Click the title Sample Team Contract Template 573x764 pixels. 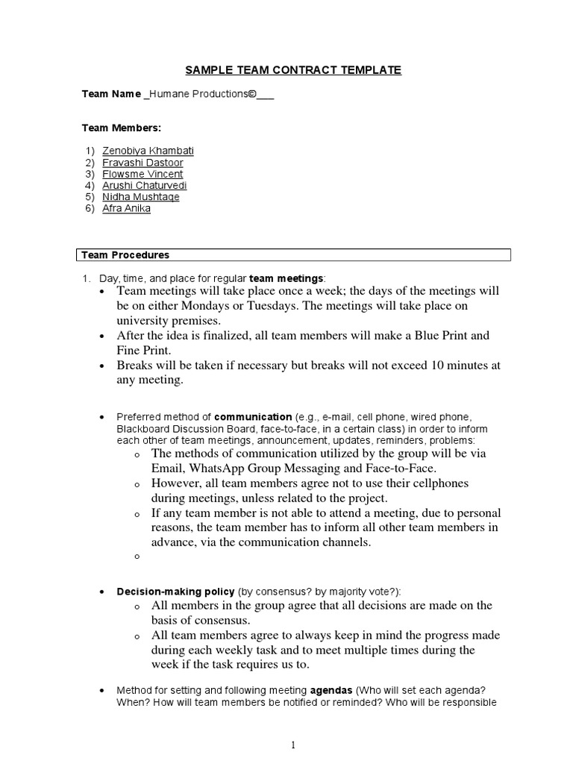[x=293, y=70]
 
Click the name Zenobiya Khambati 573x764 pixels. [x=148, y=151]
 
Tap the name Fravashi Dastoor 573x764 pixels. [x=143, y=163]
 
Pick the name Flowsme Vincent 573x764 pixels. [x=143, y=174]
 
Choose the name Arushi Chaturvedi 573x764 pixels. [x=144, y=185]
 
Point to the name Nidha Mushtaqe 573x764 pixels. [x=140, y=197]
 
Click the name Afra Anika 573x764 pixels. [x=126, y=208]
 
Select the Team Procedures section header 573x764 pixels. [x=125, y=255]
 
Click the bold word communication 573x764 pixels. [x=253, y=416]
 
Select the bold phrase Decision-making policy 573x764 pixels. [x=175, y=591]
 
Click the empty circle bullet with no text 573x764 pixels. [x=137, y=557]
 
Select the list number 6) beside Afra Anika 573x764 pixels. [x=90, y=208]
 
